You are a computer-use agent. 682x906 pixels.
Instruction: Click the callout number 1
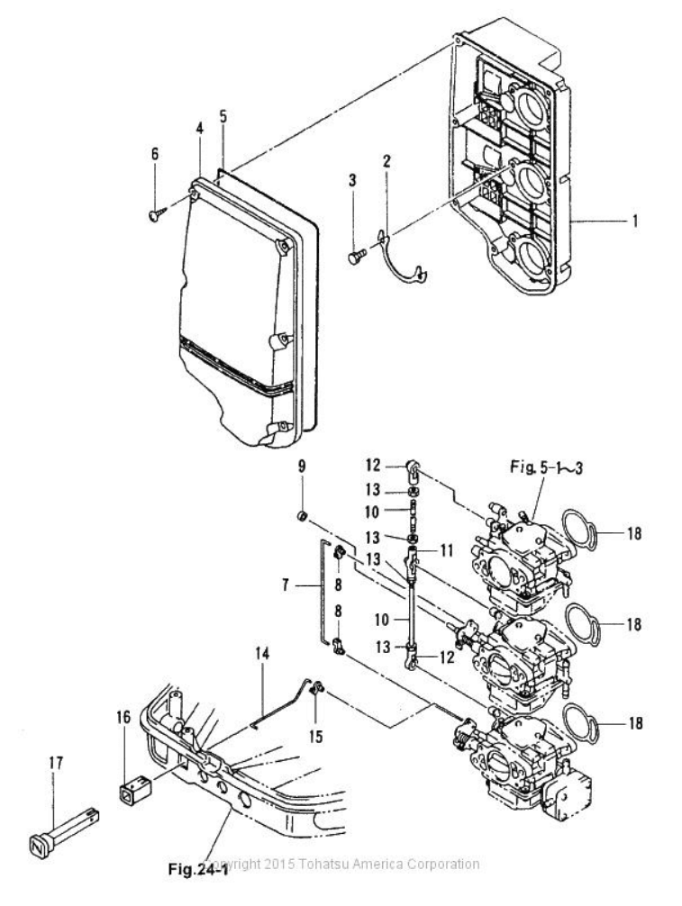coord(635,219)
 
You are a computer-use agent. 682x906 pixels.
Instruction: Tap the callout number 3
coord(353,181)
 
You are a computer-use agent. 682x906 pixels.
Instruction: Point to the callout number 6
coord(155,154)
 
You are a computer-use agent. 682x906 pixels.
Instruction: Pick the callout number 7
coord(286,585)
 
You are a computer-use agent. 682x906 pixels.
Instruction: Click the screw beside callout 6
coord(155,213)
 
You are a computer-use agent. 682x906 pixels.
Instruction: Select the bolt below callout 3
coord(353,258)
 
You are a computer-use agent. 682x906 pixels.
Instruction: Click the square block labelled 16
coord(131,793)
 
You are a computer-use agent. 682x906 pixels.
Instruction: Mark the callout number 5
coord(223,115)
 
